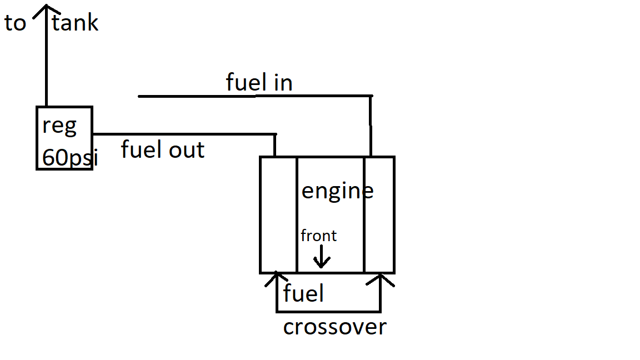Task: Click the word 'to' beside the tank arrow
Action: pos(16,23)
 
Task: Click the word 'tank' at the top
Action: pos(75,23)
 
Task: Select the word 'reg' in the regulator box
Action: pos(59,126)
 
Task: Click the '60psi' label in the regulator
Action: pos(69,159)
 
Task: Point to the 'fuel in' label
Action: pos(259,82)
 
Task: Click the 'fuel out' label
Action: pos(163,149)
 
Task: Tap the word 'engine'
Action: pos(337,191)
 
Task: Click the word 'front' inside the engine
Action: pos(318,236)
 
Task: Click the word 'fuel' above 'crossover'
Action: pos(303,293)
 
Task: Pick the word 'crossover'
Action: pos(334,327)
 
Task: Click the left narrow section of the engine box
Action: pos(278,214)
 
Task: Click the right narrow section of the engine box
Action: pos(379,214)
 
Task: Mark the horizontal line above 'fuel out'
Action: pos(183,134)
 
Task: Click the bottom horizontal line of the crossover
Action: pos(328,311)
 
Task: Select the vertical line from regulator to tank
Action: pos(46,61)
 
